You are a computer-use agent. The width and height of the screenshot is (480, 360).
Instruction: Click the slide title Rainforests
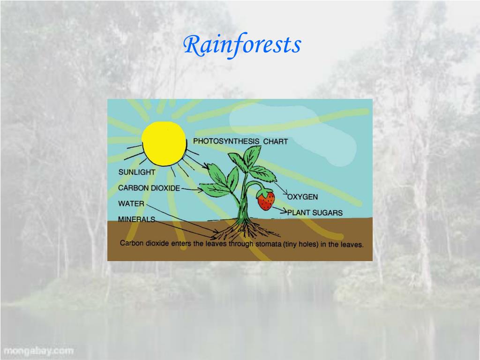(242, 45)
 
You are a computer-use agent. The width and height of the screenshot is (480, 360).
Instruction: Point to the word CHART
(275, 141)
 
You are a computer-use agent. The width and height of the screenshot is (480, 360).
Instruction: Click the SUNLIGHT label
(136, 172)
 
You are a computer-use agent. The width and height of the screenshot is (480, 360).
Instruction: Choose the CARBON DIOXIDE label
(149, 188)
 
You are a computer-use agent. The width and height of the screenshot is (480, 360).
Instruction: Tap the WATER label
(131, 204)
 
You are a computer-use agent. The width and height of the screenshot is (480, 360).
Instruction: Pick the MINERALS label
(136, 219)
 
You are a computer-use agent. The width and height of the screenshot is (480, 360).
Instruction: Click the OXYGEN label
(302, 197)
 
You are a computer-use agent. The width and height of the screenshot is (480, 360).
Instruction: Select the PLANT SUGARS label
(315, 212)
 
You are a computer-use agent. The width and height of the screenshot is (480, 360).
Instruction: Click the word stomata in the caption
(268, 244)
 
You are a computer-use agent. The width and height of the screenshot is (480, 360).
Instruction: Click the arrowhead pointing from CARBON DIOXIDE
(202, 190)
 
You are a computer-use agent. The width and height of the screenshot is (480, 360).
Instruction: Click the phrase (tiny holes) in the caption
(302, 244)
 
